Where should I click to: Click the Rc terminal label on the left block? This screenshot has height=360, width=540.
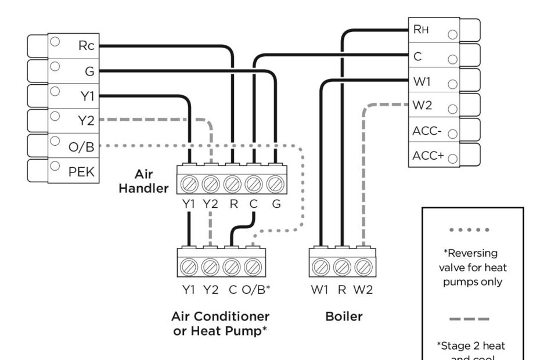tap(86, 47)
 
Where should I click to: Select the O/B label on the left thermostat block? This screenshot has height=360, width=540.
tap(81, 146)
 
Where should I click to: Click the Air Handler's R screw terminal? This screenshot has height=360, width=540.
tap(232, 185)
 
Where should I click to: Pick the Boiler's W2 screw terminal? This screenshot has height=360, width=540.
tap(363, 267)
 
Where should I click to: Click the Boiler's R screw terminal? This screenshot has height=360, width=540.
tap(342, 267)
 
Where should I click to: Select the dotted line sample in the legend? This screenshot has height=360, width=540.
tap(473, 230)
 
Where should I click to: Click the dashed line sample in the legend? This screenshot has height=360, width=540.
tap(473, 319)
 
